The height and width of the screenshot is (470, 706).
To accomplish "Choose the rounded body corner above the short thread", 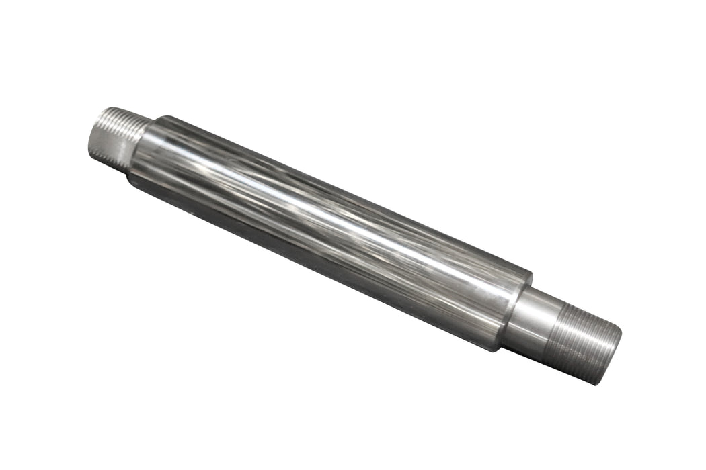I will [158, 120].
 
